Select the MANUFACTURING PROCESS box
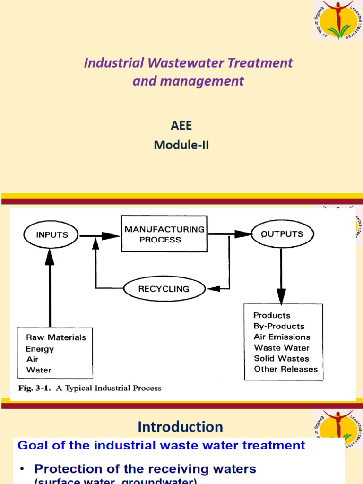[164, 234]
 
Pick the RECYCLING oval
[164, 288]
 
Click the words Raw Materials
[56, 337]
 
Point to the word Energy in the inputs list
[40, 349]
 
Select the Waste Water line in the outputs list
[282, 348]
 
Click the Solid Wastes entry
[281, 359]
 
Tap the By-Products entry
[279, 326]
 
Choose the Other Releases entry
[285, 369]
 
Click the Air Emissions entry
[282, 337]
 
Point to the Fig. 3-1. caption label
[30, 389]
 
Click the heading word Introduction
[180, 427]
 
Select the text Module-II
[181, 146]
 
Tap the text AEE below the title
[181, 126]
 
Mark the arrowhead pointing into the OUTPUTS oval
[244, 234]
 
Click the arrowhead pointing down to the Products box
[281, 298]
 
